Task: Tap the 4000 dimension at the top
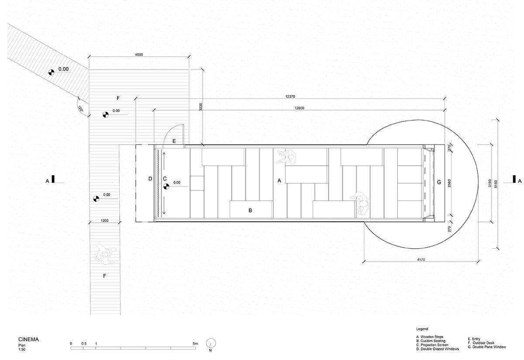coord(139,55)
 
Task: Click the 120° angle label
coord(80,109)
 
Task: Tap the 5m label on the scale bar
coord(195,344)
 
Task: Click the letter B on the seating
coord(250,211)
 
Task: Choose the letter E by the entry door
coord(174,141)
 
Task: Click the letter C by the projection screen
coord(165,178)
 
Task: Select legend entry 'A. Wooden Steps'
coord(430,337)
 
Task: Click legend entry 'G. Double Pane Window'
coord(486,346)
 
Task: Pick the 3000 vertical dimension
coord(200,108)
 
